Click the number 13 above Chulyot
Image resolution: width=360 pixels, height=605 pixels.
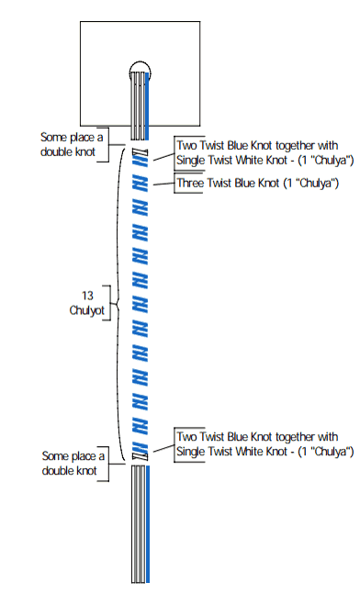click(87, 296)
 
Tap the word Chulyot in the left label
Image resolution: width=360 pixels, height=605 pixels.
click(87, 310)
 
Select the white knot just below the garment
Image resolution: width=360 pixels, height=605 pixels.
click(140, 151)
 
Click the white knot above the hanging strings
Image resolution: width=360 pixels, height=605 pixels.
click(140, 456)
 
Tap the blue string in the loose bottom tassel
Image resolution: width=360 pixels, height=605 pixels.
click(147, 523)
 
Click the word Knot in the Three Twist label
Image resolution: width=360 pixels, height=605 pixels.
click(265, 183)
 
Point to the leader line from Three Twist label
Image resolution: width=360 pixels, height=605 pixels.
click(163, 185)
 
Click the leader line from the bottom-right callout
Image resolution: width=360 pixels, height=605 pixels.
click(163, 448)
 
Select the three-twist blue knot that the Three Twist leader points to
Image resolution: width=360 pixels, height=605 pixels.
click(140, 183)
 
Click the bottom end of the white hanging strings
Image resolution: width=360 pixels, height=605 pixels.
click(138, 582)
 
